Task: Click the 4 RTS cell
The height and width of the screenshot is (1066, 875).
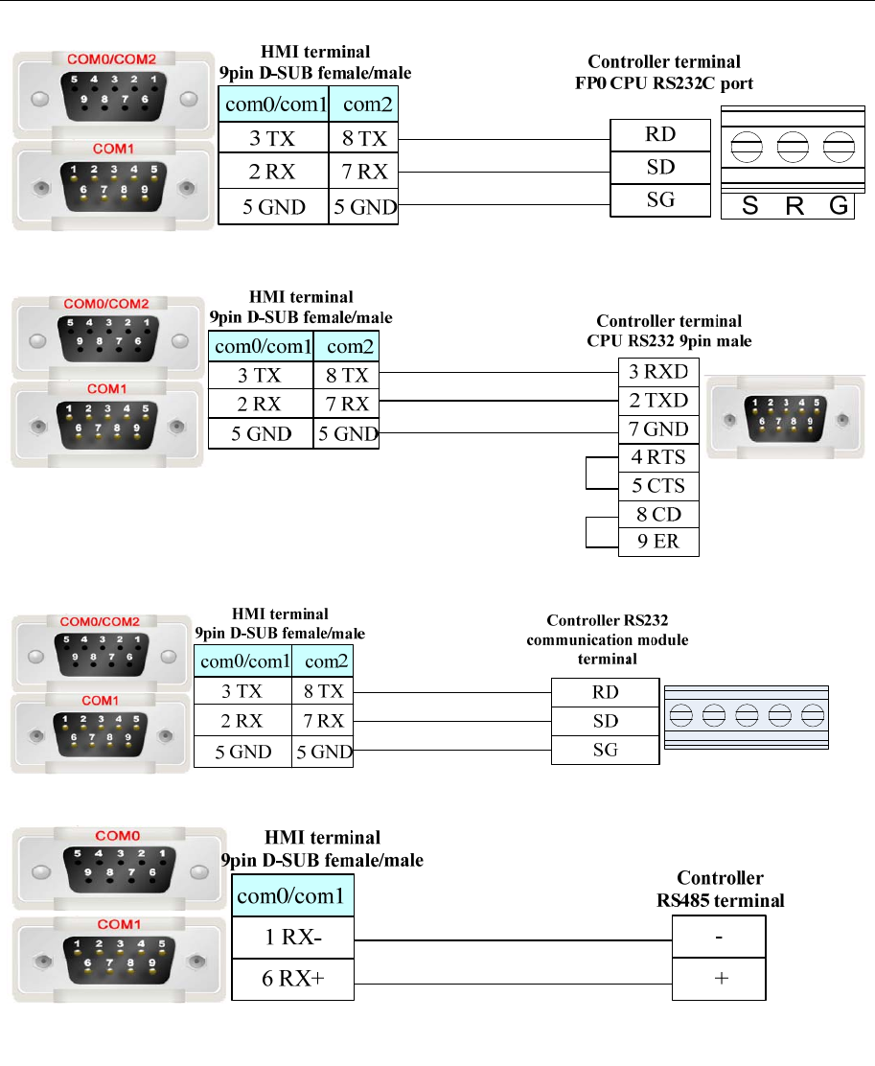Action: tap(658, 457)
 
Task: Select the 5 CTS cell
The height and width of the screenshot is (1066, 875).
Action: tap(658, 486)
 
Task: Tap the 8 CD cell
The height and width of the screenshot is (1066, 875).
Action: tap(658, 514)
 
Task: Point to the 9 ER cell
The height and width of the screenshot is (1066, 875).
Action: tap(658, 542)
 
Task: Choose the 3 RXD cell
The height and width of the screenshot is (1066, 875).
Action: tap(658, 372)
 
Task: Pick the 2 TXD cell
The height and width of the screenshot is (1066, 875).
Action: tap(658, 401)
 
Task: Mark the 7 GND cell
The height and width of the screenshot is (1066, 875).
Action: tap(658, 429)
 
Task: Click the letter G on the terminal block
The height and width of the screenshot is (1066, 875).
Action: tap(839, 206)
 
